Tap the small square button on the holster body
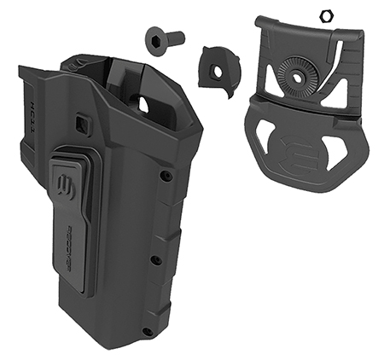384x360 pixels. pyautogui.click(x=82, y=125)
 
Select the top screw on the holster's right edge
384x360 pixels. pyautogui.click(x=166, y=177)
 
